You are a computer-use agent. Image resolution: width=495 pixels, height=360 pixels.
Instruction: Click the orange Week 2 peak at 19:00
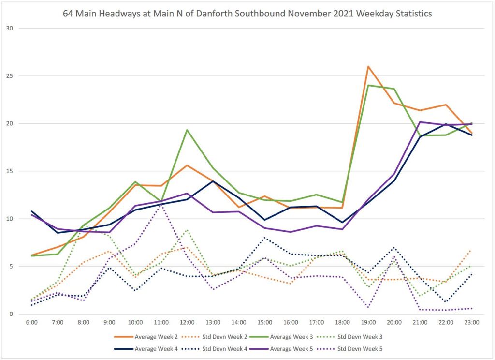[x=368, y=66]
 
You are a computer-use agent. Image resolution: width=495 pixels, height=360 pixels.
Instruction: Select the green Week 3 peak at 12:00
[x=187, y=130]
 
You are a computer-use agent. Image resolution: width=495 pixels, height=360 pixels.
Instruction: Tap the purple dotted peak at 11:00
[x=161, y=205]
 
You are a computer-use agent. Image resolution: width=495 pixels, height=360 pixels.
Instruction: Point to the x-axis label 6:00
[x=31, y=322]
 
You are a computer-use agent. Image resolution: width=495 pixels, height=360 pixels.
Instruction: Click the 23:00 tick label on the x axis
[x=472, y=322]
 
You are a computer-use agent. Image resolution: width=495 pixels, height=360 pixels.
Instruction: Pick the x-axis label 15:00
[x=264, y=322]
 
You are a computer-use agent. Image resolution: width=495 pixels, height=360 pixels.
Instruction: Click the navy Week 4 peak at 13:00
[x=213, y=181]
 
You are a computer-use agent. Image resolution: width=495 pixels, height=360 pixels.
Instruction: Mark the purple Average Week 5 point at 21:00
[x=420, y=122]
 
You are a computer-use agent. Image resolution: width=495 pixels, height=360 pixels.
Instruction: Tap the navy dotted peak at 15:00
[x=264, y=238]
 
